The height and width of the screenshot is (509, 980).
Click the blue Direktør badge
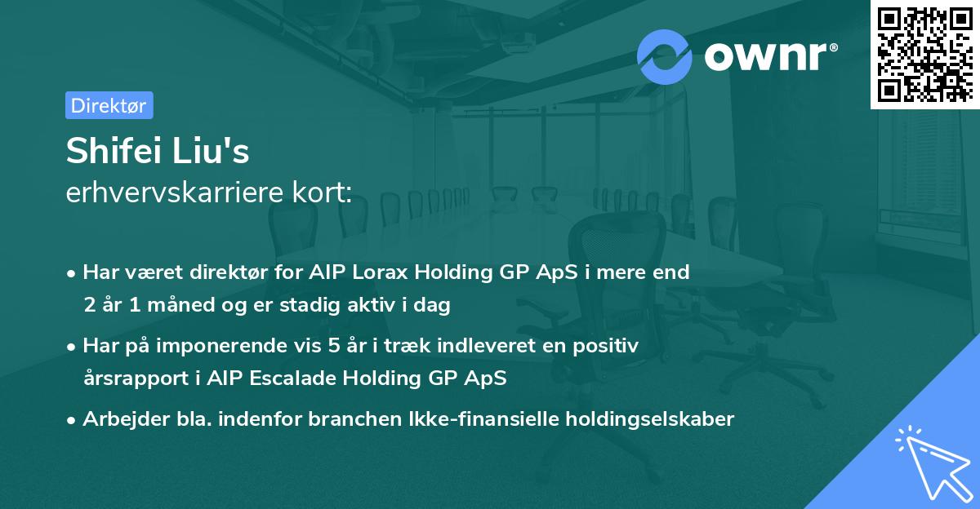coord(109,105)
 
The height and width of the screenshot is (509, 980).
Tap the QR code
coord(925,54)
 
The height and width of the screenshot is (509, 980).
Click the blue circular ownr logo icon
coord(664,57)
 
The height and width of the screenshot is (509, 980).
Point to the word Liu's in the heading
coord(211,150)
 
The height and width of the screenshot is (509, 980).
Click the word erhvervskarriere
coord(175,192)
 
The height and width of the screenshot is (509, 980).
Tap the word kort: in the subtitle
coord(322,192)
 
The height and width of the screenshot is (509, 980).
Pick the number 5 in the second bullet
coord(333,346)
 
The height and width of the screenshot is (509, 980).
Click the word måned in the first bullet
coord(180,304)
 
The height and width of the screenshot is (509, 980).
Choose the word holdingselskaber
coord(650,419)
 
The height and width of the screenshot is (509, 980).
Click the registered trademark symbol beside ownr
coord(833,47)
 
